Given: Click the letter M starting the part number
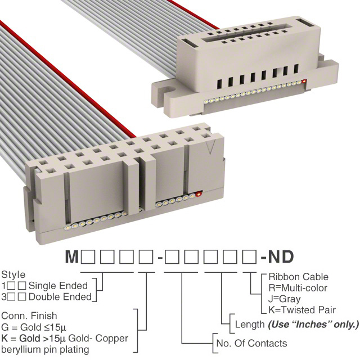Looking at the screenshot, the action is pos(71,256).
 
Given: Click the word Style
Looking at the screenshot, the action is pos(13,275).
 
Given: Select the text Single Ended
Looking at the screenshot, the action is pos(58,286).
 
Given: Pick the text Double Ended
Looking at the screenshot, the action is pos(60,297).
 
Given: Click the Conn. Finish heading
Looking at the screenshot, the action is pos(29,316).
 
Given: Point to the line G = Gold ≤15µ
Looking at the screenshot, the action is pos(34,327).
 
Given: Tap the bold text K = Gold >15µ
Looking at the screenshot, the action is pos(34,339).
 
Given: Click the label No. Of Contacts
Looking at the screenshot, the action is pos(251,343).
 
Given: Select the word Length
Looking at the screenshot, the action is pos(250,325).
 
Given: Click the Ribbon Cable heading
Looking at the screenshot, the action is pos(299,277).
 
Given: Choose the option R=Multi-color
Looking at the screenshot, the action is pos(298,288).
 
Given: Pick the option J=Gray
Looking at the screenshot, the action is pos(285,299).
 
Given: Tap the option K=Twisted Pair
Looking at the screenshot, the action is pos(302,310).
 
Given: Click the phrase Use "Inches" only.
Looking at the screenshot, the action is pos(313,325).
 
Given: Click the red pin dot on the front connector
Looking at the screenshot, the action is pos(199,195).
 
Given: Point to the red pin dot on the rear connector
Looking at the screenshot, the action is pos(304,81).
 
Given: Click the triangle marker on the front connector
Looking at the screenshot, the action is pos(210,147).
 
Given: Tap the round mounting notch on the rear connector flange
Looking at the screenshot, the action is pos(169,89).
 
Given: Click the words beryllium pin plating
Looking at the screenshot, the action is pos(45,350).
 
